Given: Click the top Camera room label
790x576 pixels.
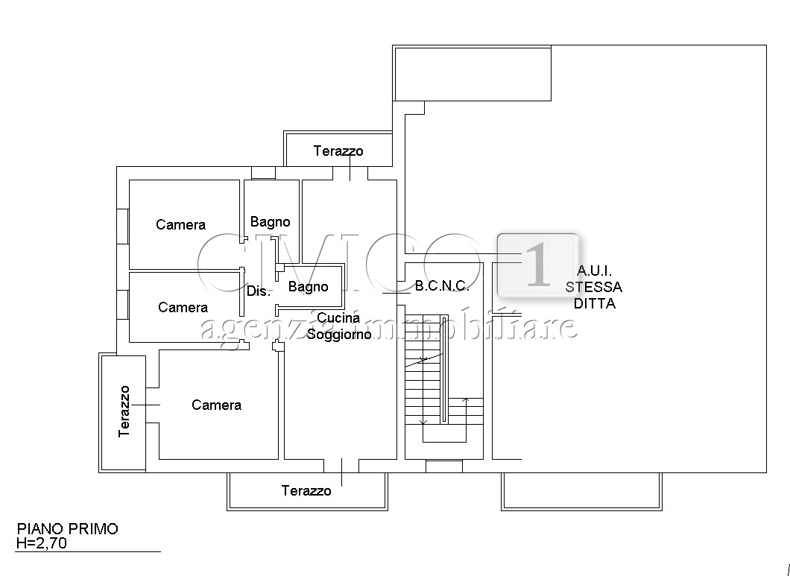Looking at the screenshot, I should [x=180, y=224].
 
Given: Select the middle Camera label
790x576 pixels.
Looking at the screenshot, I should [x=183, y=307].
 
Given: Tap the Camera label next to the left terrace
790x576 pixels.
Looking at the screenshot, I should [x=216, y=405].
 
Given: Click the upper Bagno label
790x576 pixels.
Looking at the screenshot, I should [x=270, y=221].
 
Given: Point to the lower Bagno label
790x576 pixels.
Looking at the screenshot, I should [x=308, y=286].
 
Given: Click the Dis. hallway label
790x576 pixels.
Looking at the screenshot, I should [x=258, y=291].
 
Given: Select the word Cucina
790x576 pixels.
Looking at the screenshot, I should [x=338, y=318].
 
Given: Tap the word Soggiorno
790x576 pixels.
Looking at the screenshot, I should [x=339, y=334].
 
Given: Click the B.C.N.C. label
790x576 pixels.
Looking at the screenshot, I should [x=441, y=285].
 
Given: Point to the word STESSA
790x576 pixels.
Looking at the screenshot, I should [x=593, y=287].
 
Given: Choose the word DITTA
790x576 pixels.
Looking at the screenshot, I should [x=594, y=303].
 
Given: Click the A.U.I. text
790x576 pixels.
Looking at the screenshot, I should [x=594, y=271].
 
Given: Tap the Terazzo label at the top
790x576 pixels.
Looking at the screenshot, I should [x=338, y=151].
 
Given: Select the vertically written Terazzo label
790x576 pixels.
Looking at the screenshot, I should [x=124, y=411].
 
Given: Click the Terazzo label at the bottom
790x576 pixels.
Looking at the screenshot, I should [x=306, y=490].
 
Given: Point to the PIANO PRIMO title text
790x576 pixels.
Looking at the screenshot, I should [x=68, y=529].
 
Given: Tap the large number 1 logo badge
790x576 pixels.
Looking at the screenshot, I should [x=538, y=265].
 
